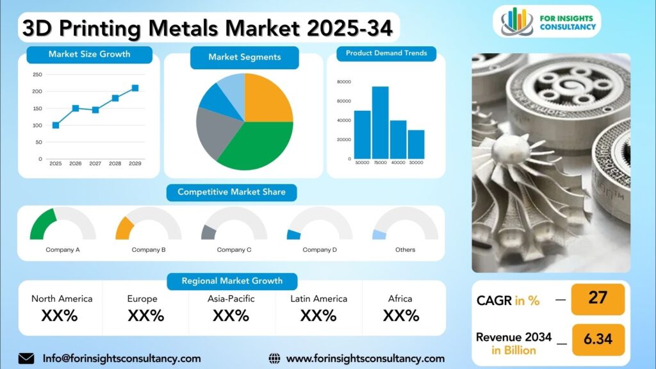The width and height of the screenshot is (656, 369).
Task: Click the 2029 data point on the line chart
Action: click(x=135, y=88)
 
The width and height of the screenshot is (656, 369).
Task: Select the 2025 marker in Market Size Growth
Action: click(x=56, y=125)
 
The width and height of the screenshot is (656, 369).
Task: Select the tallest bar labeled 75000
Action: click(x=381, y=122)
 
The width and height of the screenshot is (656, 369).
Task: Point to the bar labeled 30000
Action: click(x=416, y=144)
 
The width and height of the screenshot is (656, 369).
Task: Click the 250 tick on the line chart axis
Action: click(x=37, y=74)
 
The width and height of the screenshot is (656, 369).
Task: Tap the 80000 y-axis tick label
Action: click(x=344, y=81)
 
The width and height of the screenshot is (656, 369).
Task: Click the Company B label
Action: click(x=149, y=250)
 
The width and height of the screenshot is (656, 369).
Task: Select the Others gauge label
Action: click(x=406, y=250)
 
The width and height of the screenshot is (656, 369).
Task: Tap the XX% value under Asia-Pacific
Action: click(x=231, y=315)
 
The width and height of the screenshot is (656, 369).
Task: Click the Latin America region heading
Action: click(x=319, y=299)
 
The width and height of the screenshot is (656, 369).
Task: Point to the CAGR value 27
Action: click(x=598, y=297)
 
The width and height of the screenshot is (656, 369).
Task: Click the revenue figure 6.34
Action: click(x=598, y=339)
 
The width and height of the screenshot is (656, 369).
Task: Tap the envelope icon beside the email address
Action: click(x=26, y=359)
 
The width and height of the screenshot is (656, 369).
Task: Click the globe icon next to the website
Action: click(x=274, y=359)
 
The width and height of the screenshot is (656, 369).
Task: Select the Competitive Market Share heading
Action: click(x=232, y=192)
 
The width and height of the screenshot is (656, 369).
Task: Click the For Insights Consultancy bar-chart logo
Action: click(x=517, y=21)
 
